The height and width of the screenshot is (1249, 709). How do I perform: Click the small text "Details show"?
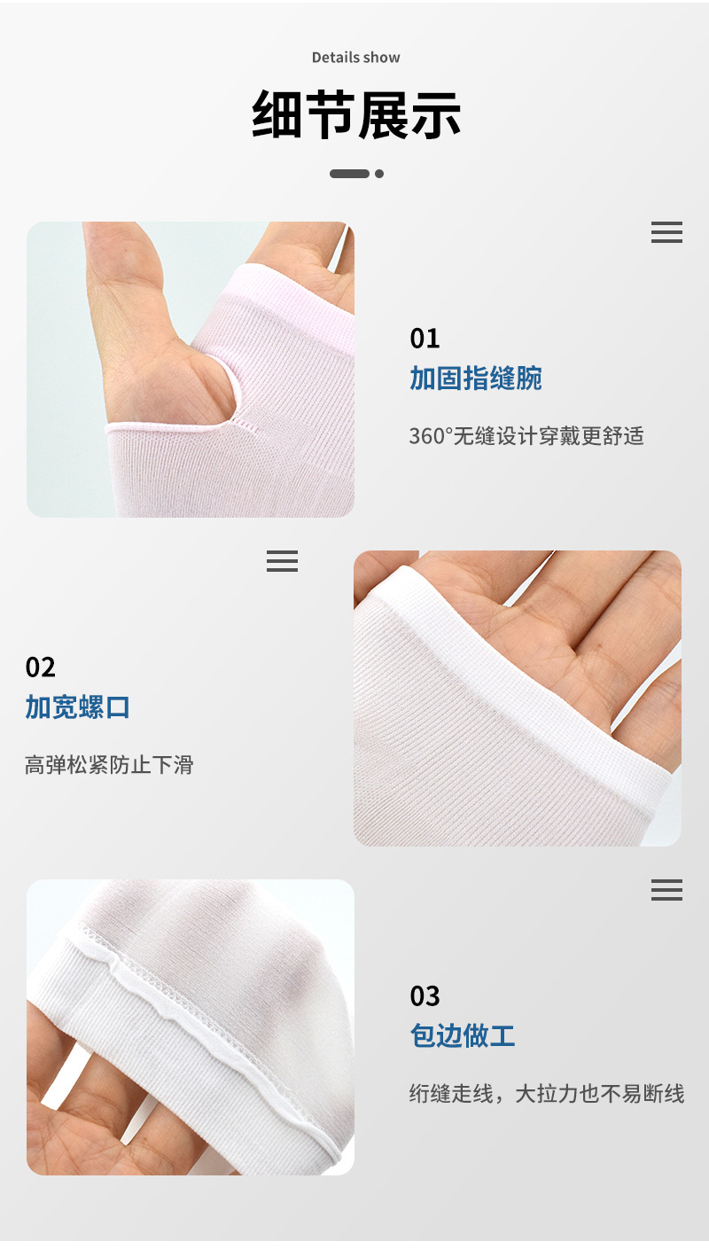[x=355, y=58]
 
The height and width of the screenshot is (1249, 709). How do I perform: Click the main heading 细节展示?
[x=356, y=114]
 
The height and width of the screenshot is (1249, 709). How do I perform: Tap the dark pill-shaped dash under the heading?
[x=349, y=174]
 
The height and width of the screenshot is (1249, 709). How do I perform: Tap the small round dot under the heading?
[x=379, y=174]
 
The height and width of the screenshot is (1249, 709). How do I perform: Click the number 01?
[x=425, y=339]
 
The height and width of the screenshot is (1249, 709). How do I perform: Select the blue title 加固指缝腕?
[x=475, y=379]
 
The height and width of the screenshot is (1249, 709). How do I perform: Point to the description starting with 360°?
[x=526, y=436]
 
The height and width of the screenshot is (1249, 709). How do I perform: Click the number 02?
[x=41, y=667]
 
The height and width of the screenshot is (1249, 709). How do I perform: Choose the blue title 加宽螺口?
[x=78, y=707]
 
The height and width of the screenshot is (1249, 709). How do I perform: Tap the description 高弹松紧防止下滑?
[x=109, y=764]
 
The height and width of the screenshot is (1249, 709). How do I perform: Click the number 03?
[x=425, y=996]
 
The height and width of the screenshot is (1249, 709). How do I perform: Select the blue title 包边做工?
[x=463, y=1035]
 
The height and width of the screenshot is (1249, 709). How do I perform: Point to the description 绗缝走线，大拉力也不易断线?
[x=546, y=1094]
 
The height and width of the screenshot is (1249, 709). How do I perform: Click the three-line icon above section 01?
[x=666, y=233]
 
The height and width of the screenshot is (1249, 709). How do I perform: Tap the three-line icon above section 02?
[x=282, y=561]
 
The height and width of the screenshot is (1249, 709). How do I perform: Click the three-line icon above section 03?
[x=666, y=891]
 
